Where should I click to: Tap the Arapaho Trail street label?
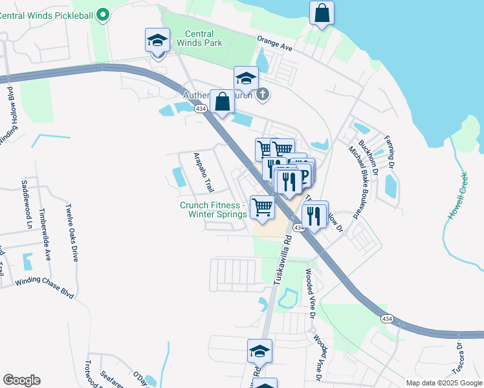click(x=204, y=172)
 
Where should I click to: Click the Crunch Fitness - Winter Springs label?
click(x=213, y=210)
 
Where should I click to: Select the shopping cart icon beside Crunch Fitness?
click(x=262, y=207)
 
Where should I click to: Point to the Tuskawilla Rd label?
click(x=283, y=259)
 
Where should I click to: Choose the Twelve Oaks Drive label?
click(x=71, y=233)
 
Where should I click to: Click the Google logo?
click(x=21, y=380)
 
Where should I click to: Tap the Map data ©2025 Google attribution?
click(x=444, y=383)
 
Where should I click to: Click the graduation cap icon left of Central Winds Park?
click(x=157, y=41)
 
